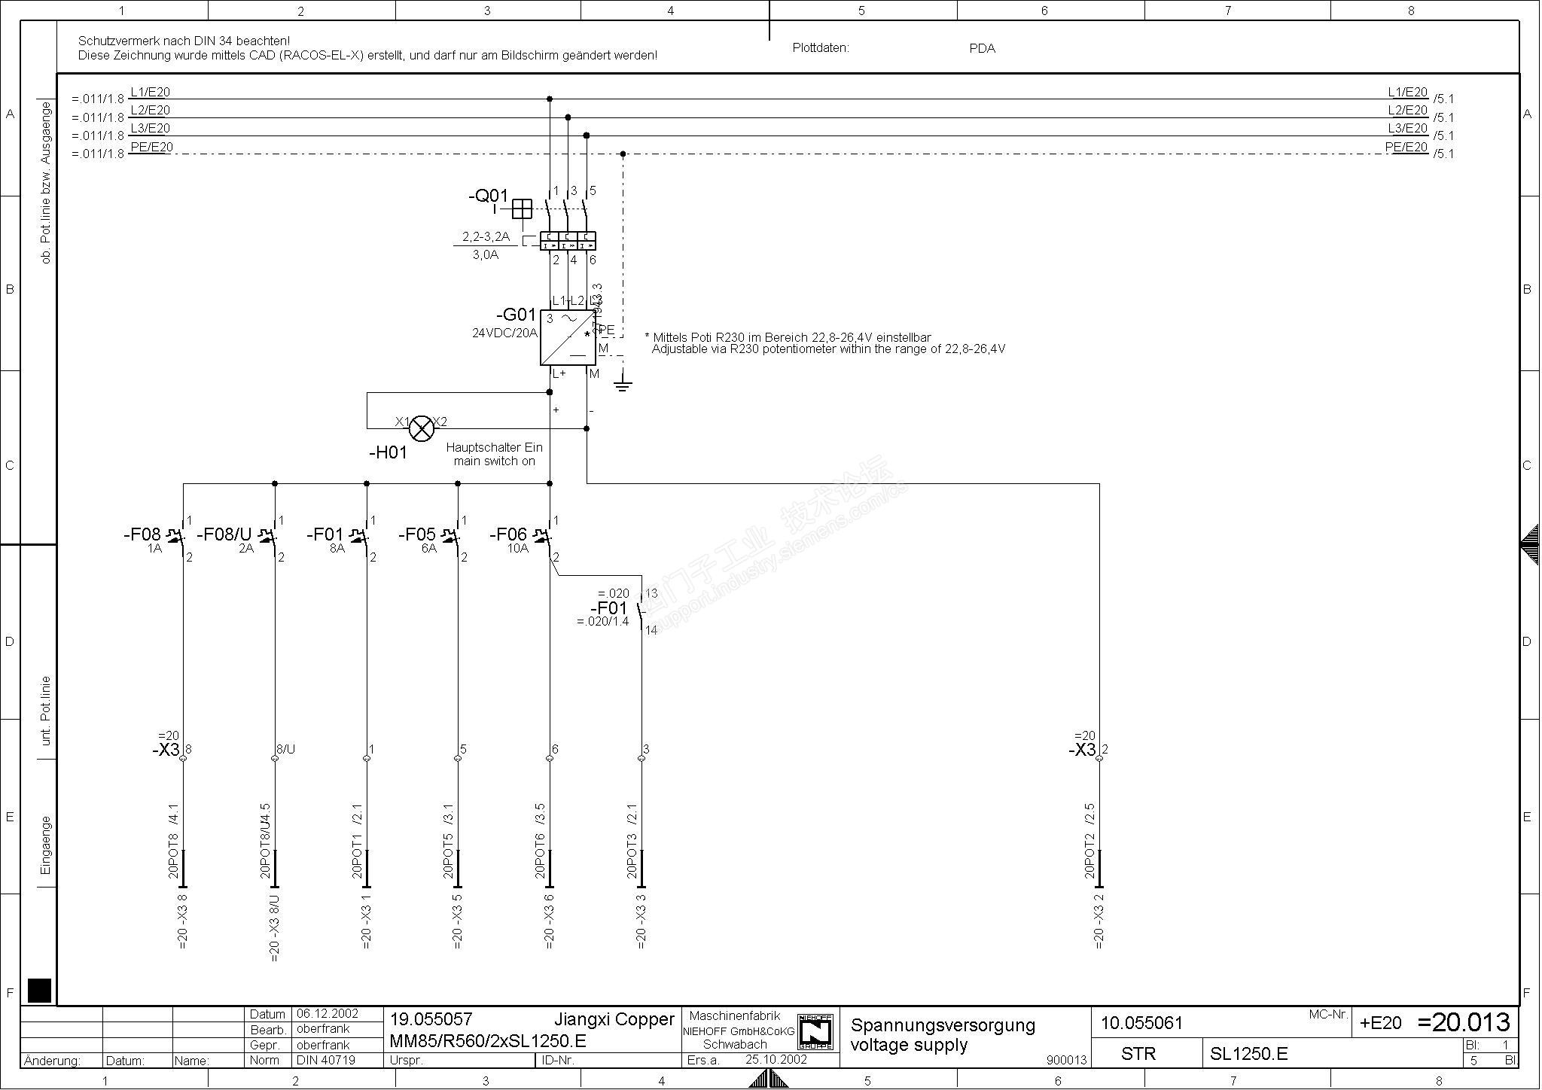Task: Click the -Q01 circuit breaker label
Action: (x=488, y=196)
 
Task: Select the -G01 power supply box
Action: (x=567, y=337)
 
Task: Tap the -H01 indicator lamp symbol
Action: (x=422, y=428)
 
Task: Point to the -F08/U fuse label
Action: (x=224, y=534)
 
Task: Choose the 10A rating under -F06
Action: (x=518, y=549)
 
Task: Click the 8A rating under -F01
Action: (x=337, y=549)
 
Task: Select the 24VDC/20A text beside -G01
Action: (x=504, y=333)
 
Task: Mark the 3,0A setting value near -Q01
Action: (x=485, y=255)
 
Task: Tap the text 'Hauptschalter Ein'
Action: (x=494, y=448)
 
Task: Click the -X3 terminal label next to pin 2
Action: (x=1083, y=750)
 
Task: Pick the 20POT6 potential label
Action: (x=539, y=856)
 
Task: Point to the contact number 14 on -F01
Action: (x=651, y=630)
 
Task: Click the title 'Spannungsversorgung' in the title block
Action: (x=943, y=1025)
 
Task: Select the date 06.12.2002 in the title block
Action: (x=328, y=1014)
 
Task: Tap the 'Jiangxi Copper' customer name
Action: (x=614, y=1020)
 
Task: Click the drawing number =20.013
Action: (x=1463, y=1022)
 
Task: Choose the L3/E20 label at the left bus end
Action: (x=151, y=129)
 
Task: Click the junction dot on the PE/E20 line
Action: (x=623, y=154)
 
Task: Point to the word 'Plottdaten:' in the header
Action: (x=821, y=48)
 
